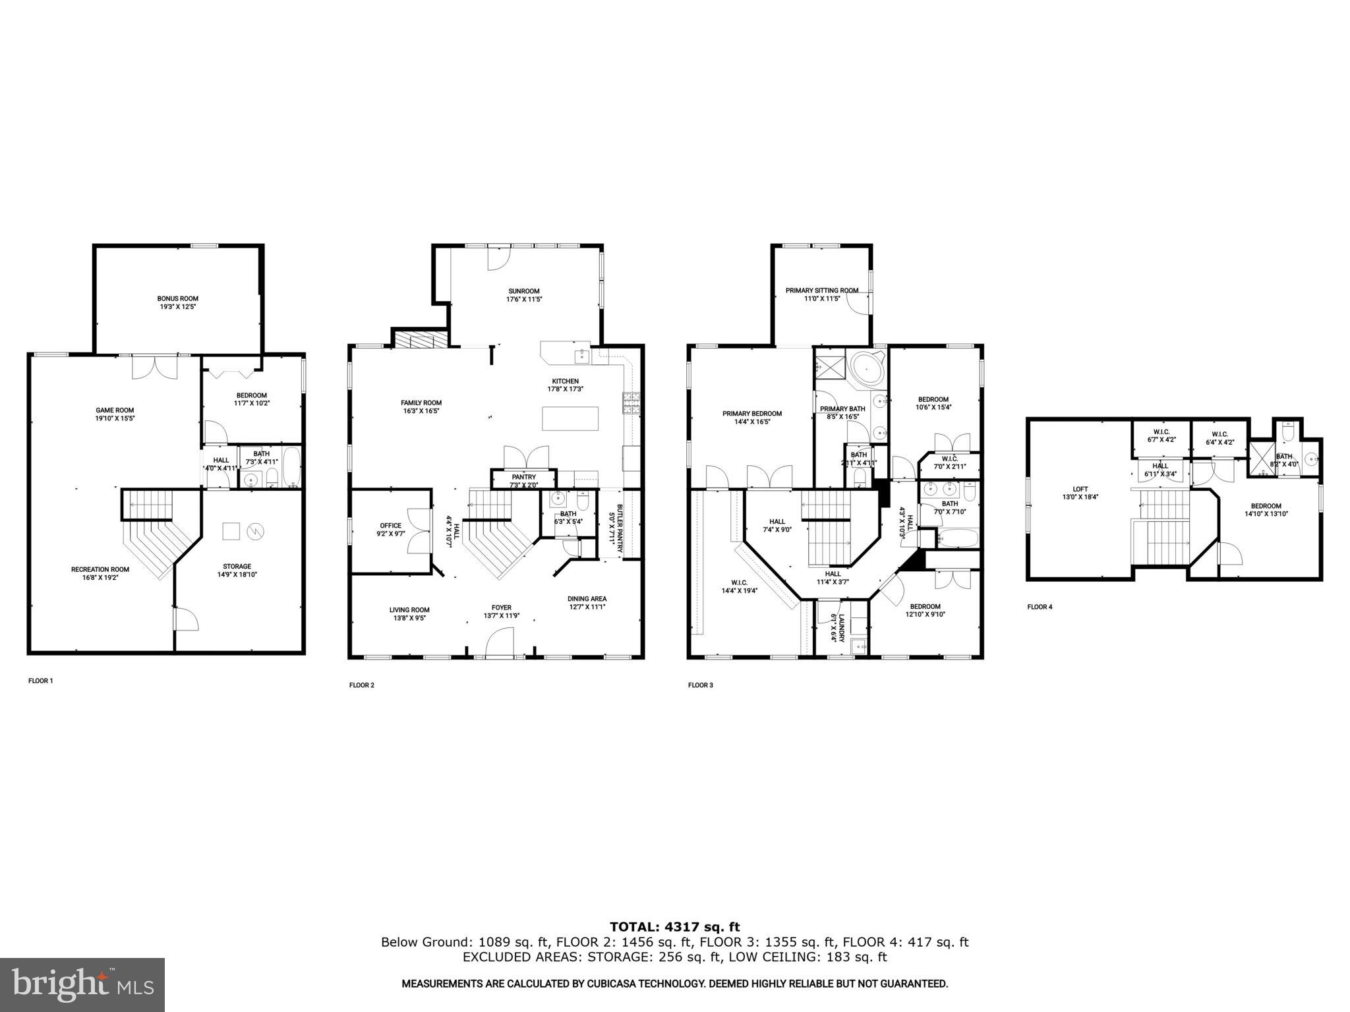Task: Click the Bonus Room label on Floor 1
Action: [x=177, y=298]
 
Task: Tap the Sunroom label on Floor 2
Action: [x=524, y=291]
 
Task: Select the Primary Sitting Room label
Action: [x=821, y=291]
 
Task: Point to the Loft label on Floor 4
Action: [x=1080, y=489]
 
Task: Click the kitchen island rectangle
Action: [x=570, y=418]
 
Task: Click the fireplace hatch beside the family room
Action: [x=421, y=339]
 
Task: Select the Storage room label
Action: [x=237, y=567]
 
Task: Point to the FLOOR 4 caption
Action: [x=1040, y=607]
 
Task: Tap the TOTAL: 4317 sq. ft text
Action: [x=674, y=928]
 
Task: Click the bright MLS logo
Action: [x=82, y=984]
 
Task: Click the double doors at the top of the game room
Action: [x=154, y=367]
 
